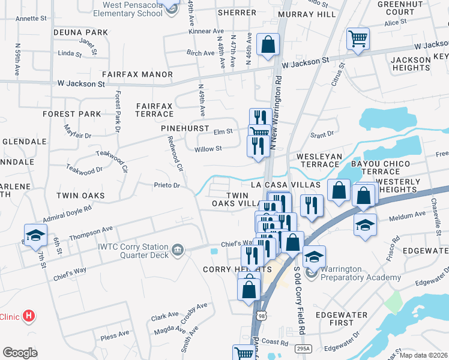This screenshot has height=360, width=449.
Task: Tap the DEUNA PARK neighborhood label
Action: [x=80, y=32]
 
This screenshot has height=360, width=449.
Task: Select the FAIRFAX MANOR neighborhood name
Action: [x=137, y=74]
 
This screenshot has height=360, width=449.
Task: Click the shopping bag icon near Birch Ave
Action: [x=268, y=44]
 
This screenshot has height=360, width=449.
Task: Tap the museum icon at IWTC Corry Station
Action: [x=178, y=249]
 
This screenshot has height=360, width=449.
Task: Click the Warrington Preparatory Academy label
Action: [x=360, y=273]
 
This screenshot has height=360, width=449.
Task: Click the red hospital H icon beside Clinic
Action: [x=28, y=316]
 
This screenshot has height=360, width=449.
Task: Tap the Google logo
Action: [x=20, y=352]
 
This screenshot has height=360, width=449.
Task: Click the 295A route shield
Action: [x=304, y=348]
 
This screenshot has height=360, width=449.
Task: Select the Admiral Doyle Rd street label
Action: [x=67, y=211]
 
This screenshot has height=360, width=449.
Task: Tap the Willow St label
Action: [x=208, y=148]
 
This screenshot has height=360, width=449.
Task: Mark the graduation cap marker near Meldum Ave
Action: [x=365, y=225]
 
